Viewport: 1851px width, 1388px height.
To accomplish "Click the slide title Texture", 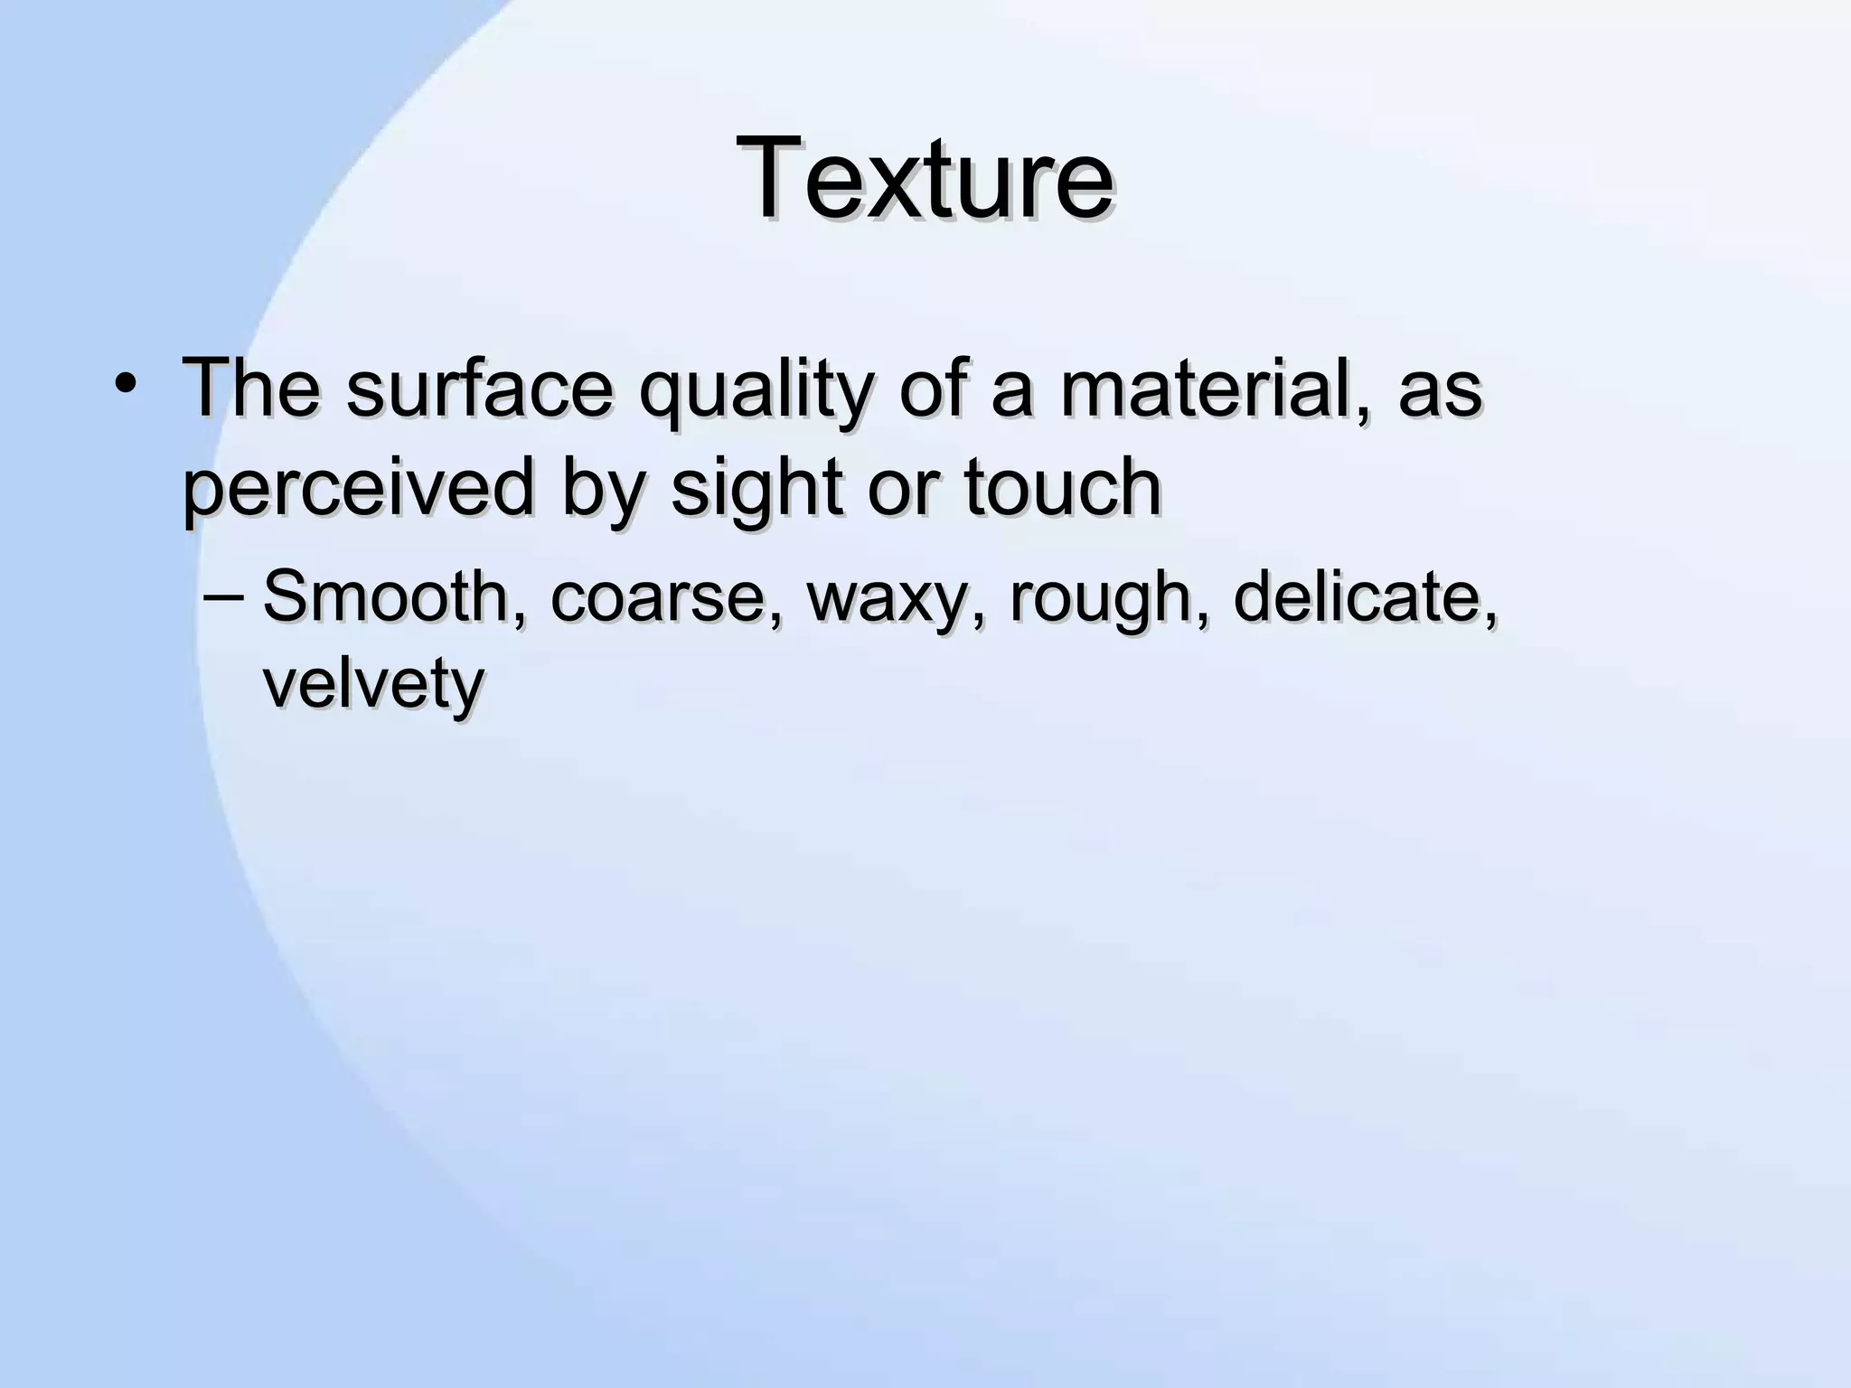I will pyautogui.click(x=925, y=177).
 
